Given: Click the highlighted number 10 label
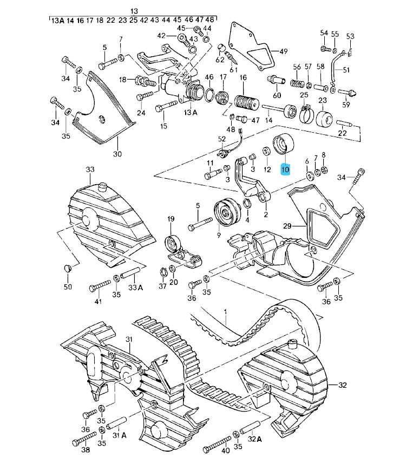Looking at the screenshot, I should click(285, 170).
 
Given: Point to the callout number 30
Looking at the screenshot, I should click(117, 154).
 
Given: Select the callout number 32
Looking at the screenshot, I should click(342, 385).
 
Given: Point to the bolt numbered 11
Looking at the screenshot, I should click(212, 175).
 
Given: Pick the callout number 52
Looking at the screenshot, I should click(221, 139).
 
